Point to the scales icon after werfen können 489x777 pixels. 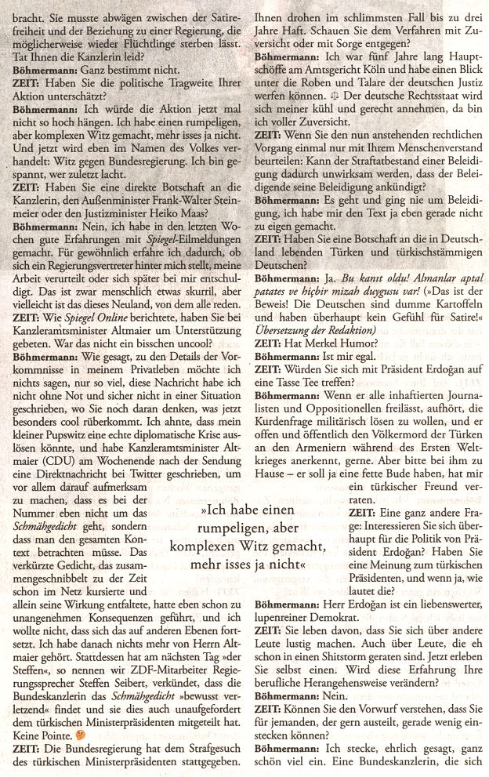[335, 73]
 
